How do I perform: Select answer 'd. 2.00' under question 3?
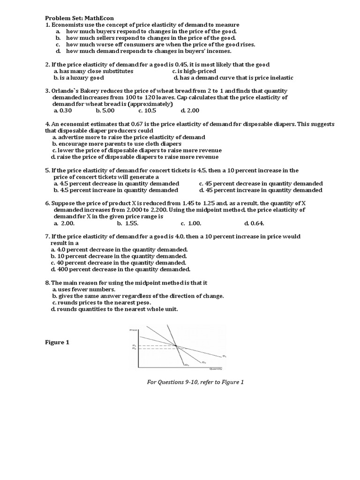190,111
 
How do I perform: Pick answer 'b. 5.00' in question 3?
105,111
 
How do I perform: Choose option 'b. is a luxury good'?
78,78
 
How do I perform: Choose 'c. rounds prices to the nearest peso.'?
108,303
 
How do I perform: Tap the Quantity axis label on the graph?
215,369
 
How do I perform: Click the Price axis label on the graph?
134,331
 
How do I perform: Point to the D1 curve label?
224,356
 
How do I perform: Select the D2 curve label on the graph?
204,362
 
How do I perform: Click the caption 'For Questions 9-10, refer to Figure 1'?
195,382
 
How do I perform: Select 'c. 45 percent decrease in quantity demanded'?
261,184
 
